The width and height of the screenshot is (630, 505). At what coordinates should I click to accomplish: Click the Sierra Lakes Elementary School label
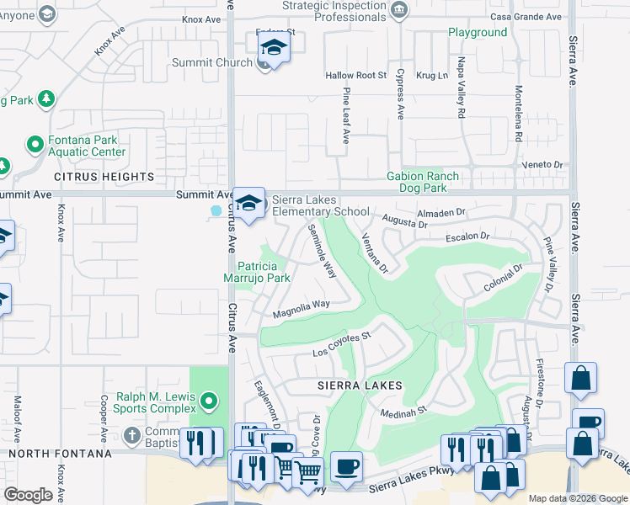click(x=319, y=205)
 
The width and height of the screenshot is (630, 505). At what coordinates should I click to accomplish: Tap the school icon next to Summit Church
click(x=273, y=49)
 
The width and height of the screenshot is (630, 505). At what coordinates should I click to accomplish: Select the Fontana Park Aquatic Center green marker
click(x=35, y=144)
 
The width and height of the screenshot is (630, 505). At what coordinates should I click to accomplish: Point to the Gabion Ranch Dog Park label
click(x=435, y=182)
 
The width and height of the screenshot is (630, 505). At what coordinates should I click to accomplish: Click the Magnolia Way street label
click(x=301, y=310)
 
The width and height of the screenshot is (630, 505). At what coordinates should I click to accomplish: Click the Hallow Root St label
click(x=355, y=76)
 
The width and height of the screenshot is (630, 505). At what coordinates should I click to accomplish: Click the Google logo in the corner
click(x=28, y=495)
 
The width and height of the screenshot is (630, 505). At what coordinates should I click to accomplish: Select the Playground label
click(x=478, y=33)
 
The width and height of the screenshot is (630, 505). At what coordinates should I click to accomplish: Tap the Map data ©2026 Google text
click(x=577, y=498)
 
